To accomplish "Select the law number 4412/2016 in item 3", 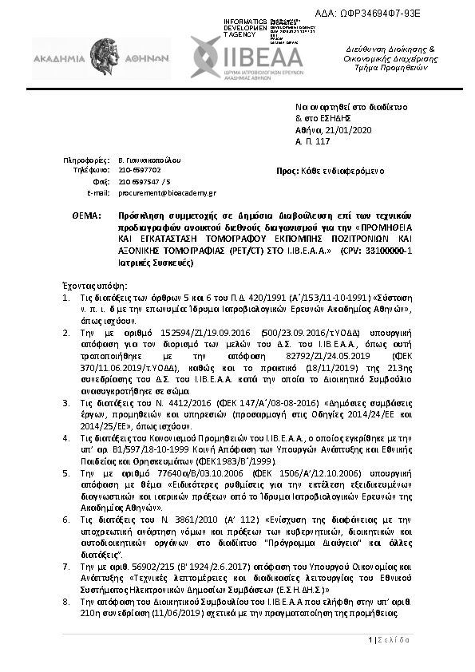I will (x=183, y=405).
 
